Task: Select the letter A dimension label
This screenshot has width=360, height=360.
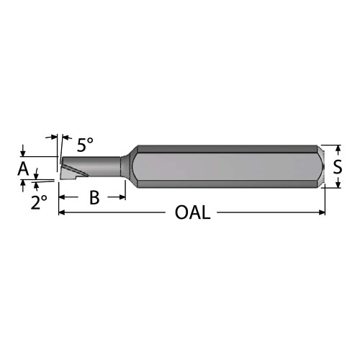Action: click(23, 170)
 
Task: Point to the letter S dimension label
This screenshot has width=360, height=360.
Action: click(338, 167)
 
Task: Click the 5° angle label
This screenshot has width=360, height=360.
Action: click(84, 145)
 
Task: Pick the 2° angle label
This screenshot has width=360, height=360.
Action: click(39, 202)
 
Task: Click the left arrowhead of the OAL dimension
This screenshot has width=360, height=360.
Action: click(62, 213)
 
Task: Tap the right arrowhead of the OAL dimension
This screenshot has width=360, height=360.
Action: click(322, 213)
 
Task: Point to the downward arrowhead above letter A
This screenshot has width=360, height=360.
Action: click(24, 153)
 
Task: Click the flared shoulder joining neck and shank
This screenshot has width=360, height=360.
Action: click(127, 164)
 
